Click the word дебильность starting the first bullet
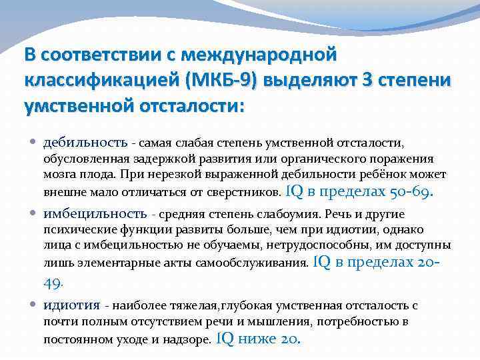85,142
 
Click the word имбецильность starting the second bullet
95,213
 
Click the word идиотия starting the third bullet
71,305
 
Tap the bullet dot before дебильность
34,142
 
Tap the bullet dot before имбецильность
34,213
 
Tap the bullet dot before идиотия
34,305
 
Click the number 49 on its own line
52,282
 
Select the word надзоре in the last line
191,339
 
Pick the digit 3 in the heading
366,80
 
